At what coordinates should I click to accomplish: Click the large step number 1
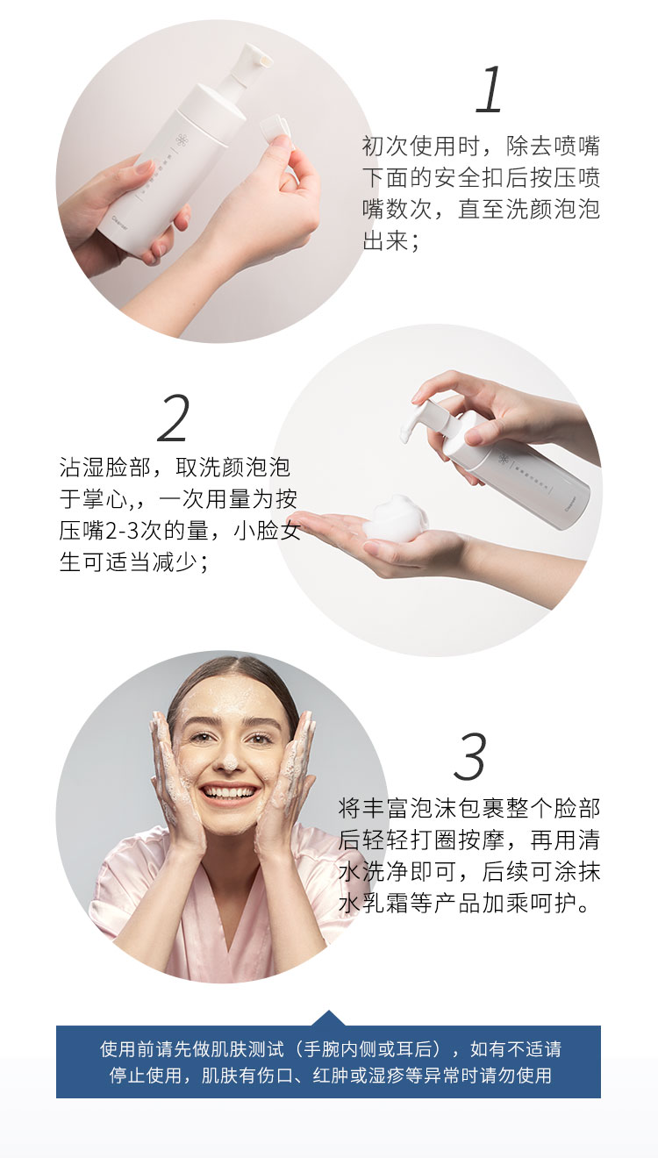pyautogui.click(x=489, y=90)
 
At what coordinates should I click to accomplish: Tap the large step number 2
pyautogui.click(x=173, y=418)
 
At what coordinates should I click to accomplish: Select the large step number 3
pyautogui.click(x=470, y=757)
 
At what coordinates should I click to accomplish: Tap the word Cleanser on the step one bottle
pyautogui.click(x=120, y=224)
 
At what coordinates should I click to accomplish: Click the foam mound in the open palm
pyautogui.click(x=395, y=518)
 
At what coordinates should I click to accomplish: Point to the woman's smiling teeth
pyautogui.click(x=229, y=792)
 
